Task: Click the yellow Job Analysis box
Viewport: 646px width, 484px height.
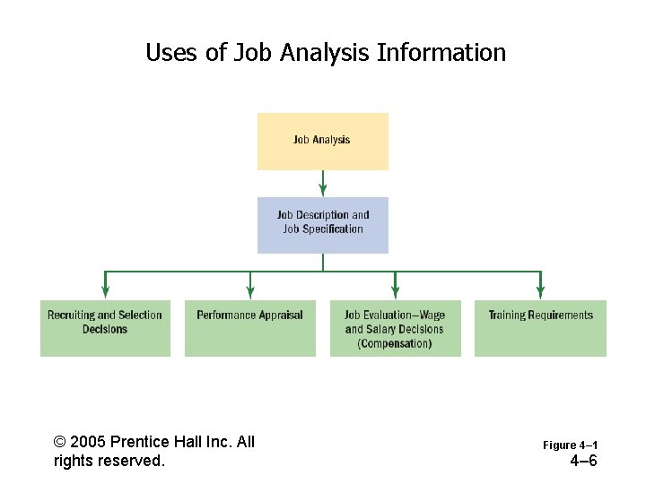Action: pyautogui.click(x=323, y=141)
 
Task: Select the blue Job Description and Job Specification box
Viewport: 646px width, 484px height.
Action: pyautogui.click(x=323, y=225)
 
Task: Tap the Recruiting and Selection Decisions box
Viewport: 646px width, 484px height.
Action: pyautogui.click(x=105, y=328)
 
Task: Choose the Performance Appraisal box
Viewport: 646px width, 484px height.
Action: pyautogui.click(x=250, y=328)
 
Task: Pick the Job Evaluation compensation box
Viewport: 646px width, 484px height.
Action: pyautogui.click(x=395, y=328)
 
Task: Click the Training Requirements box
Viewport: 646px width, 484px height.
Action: pyautogui.click(x=540, y=328)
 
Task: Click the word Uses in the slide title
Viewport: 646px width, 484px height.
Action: pyautogui.click(x=172, y=53)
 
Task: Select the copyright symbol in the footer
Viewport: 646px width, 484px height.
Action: pyautogui.click(x=60, y=442)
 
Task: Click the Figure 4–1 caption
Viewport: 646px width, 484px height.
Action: pyautogui.click(x=570, y=445)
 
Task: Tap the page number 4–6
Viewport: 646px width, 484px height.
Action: pyautogui.click(x=583, y=462)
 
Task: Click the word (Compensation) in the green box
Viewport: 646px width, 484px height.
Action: pyautogui.click(x=395, y=344)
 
